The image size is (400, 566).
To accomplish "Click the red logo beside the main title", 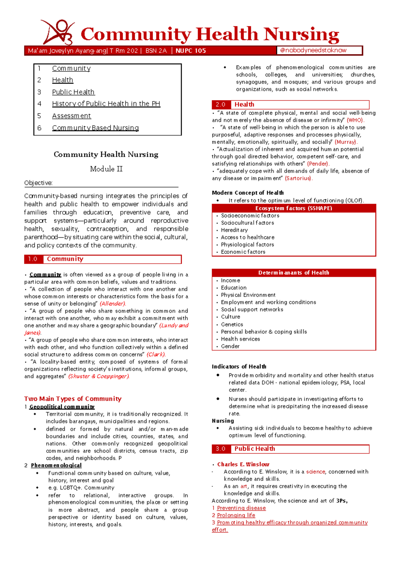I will pos(57,32).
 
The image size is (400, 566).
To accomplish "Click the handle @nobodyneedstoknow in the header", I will pos(313,50).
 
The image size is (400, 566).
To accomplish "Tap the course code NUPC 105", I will pos(191,51).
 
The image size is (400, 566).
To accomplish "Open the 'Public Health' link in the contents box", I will pos(73,92).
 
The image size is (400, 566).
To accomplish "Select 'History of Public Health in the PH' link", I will pos(106,104).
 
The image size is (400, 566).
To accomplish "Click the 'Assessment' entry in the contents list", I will pos(71,116).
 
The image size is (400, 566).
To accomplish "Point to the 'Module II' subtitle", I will pos(106,169).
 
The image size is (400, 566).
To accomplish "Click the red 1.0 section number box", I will pos(33,259).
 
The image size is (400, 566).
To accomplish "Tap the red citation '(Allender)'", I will pos(113,304).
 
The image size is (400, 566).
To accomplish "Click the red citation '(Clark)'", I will pos(156,354).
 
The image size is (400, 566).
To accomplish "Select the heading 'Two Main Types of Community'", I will pos(73,399).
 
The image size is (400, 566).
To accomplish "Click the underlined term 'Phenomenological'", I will pos(56,465).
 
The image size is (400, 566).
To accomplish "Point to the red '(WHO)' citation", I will pos(355,120).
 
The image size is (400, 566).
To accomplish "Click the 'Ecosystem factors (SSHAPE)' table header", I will pos(294,208).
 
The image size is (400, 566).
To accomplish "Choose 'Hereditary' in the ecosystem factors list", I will pos(234,230).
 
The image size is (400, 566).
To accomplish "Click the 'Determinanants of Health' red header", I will pos(294,273).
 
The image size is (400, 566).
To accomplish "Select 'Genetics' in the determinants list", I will pos(232,324).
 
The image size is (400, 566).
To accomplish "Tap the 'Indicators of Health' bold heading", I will pos(239,366).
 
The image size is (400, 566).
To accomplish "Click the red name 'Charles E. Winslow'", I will pos(243,464).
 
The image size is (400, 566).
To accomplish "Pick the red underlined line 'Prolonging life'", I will pos(236,515).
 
